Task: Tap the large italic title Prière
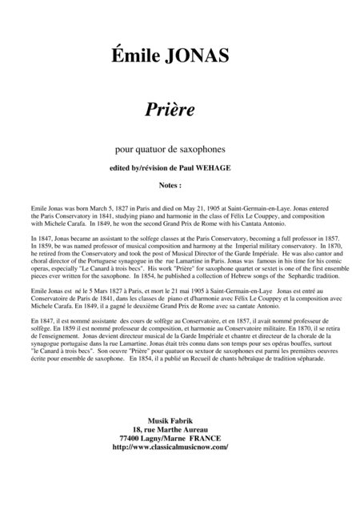[179, 106]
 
